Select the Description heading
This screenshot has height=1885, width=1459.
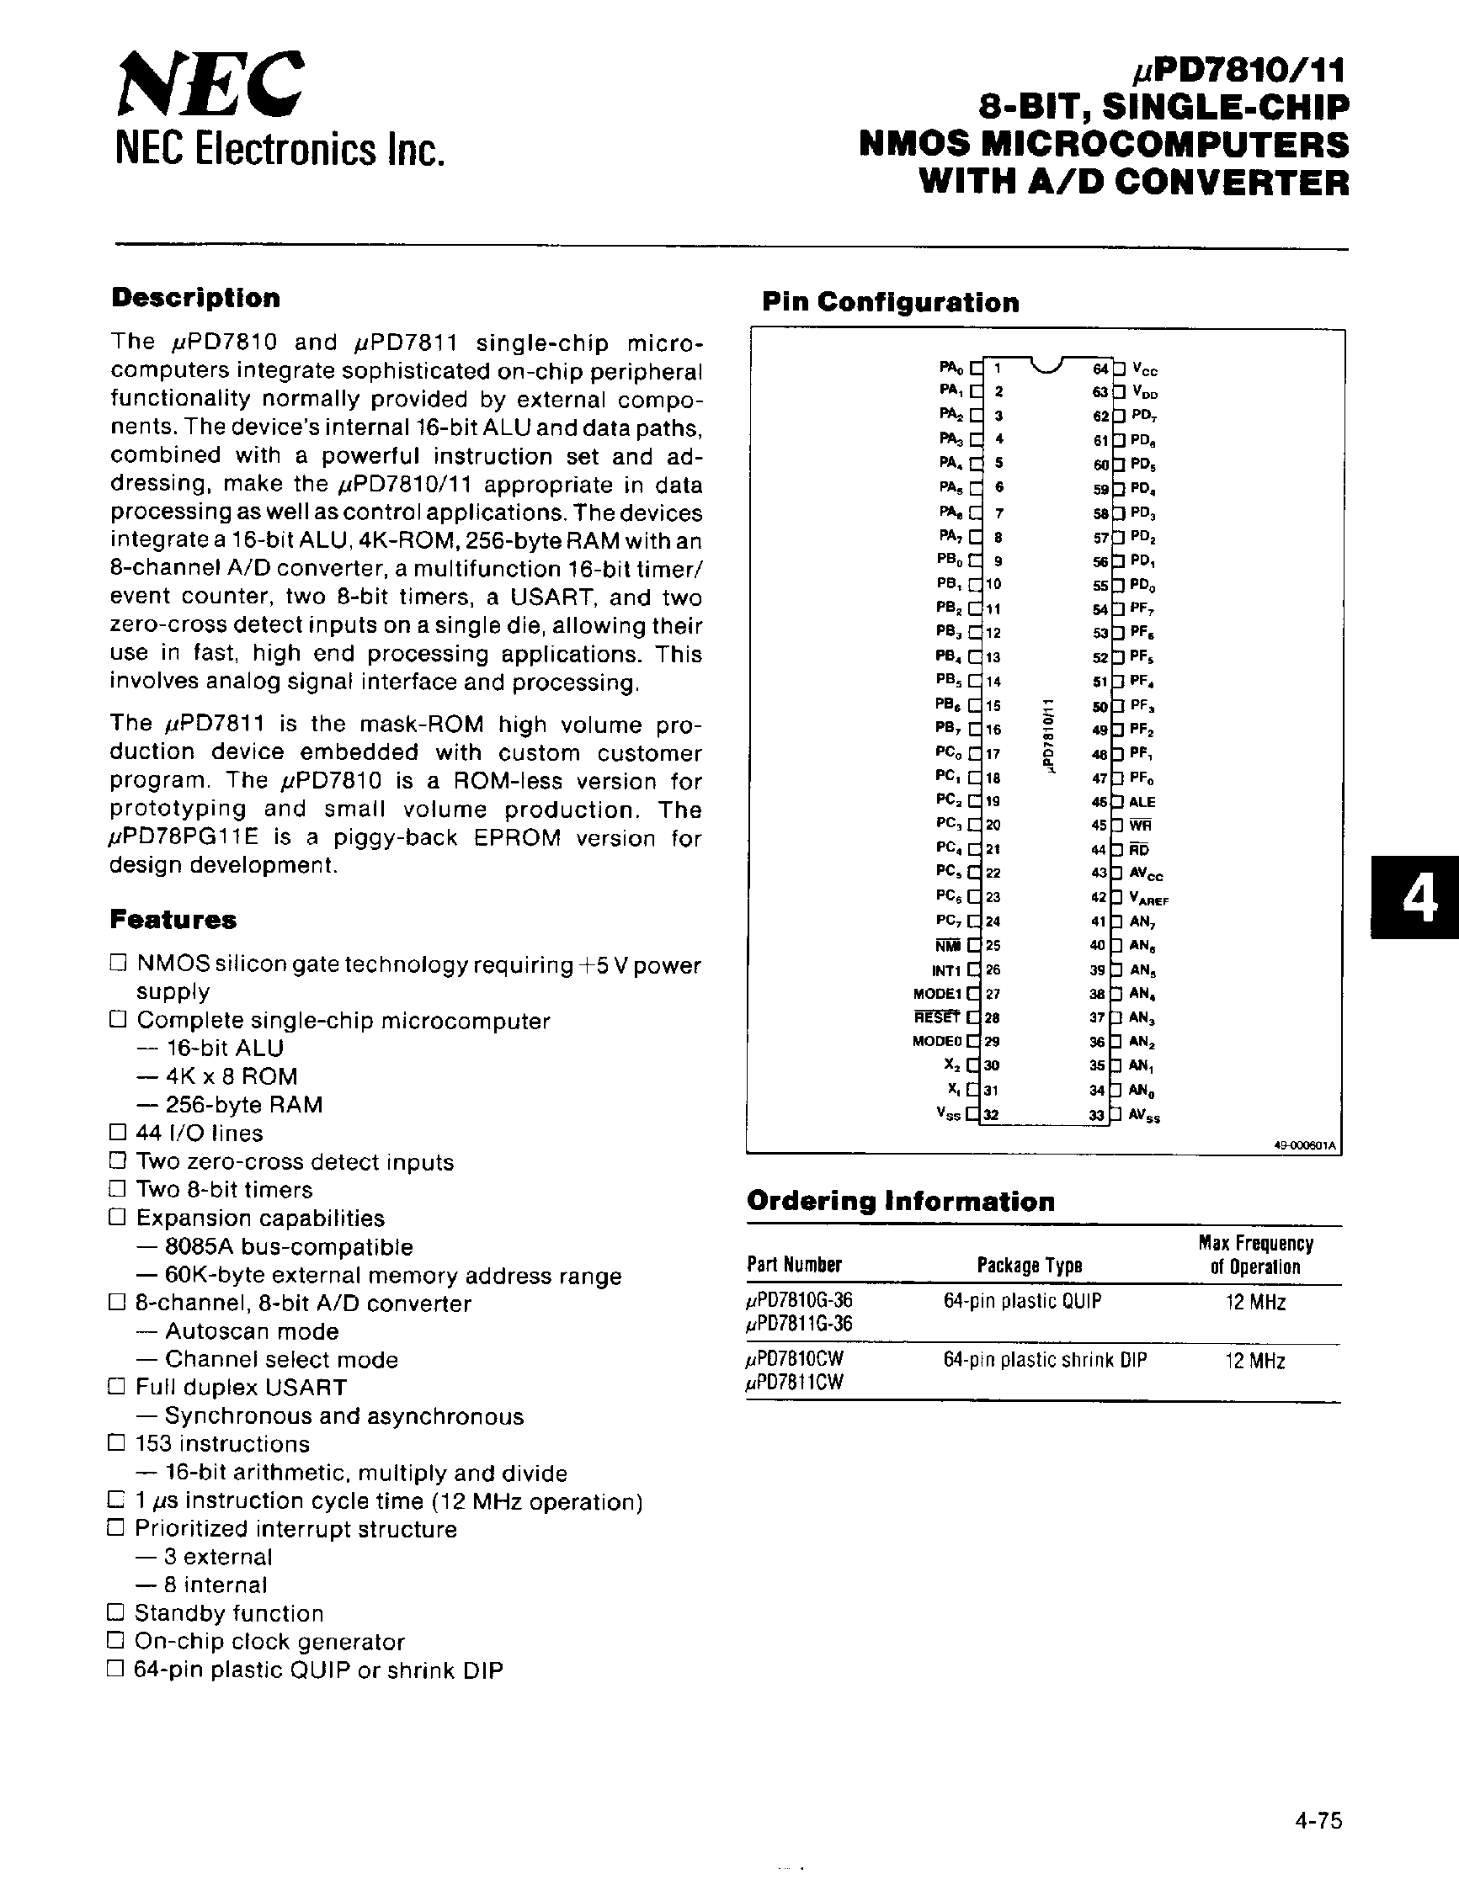[x=196, y=298]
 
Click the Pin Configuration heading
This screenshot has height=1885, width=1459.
[x=890, y=302]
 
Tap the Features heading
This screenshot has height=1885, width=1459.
[x=173, y=920]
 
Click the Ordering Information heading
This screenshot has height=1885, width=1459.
[x=901, y=1202]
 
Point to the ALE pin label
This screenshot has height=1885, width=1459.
[x=1142, y=802]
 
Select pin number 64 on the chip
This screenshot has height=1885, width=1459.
[x=1100, y=369]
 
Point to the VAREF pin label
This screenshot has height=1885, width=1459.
[x=1149, y=899]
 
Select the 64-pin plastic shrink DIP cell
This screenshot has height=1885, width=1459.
[x=1045, y=1360]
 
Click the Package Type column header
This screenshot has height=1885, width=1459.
[x=1029, y=1266]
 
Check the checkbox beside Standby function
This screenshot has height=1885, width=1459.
[x=116, y=1612]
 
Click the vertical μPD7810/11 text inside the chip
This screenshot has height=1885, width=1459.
[x=1047, y=735]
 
